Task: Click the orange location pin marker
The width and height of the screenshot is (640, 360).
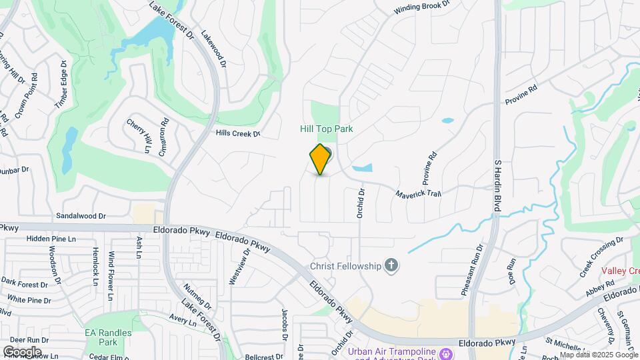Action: coord(321,159)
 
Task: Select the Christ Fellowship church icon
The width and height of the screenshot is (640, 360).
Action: coord(391,267)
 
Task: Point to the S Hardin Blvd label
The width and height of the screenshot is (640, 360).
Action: coord(497,186)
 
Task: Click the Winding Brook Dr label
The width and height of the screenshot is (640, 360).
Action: coord(422,7)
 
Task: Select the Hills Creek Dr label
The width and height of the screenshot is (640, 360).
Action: coord(237,133)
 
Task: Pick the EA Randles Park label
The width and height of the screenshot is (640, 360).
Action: coord(101,337)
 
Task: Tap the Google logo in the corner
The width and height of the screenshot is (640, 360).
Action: coord(22,351)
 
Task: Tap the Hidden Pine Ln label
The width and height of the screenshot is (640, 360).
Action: coord(52,239)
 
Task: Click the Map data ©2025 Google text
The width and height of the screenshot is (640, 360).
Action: coord(599,355)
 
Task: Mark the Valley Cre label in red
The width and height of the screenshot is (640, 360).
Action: coord(621,271)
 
